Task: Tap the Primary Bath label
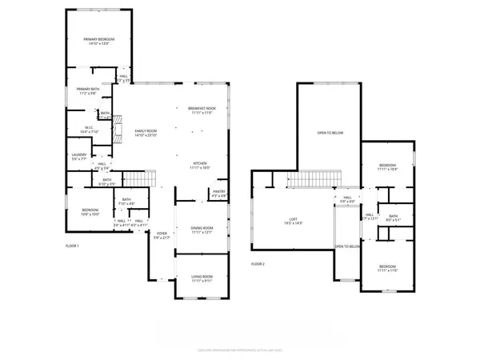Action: (x=88, y=90)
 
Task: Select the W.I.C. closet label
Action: (x=90, y=129)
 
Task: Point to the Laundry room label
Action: (x=78, y=156)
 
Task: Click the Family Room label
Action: (x=146, y=133)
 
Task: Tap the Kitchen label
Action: (x=199, y=165)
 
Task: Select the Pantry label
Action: (x=218, y=193)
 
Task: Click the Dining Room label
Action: (x=202, y=230)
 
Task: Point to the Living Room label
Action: (x=202, y=278)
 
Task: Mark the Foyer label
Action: (x=162, y=235)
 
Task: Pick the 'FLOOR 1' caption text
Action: (x=73, y=245)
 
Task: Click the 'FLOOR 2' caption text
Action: (x=258, y=263)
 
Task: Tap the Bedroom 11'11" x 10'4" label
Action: (x=387, y=167)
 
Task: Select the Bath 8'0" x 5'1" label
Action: (x=394, y=217)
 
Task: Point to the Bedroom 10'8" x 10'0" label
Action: (x=89, y=213)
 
